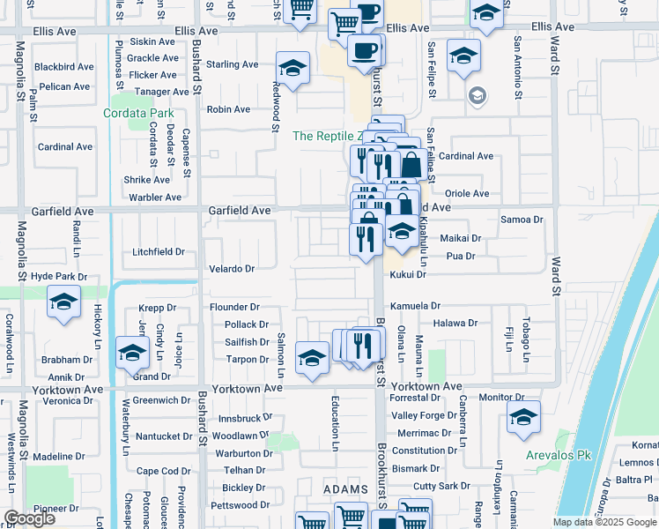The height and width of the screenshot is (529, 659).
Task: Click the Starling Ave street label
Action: [232, 64]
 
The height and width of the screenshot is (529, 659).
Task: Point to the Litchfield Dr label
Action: [159, 251]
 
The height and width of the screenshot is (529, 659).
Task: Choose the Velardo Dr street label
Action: [232, 268]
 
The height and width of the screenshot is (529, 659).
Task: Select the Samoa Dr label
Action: [519, 219]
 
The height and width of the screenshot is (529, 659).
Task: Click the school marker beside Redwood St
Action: [292, 68]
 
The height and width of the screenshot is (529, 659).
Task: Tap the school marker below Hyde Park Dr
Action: [64, 302]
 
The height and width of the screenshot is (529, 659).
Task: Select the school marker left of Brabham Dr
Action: [131, 354]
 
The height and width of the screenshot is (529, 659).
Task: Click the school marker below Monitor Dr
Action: [523, 418]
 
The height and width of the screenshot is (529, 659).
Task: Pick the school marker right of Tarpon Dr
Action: [312, 358]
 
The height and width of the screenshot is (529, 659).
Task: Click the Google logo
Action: [29, 518]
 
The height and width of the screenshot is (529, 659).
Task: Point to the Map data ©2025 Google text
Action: [604, 522]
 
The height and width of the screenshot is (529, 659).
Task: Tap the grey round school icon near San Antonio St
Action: [478, 95]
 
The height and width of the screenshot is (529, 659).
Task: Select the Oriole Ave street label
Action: [467, 193]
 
